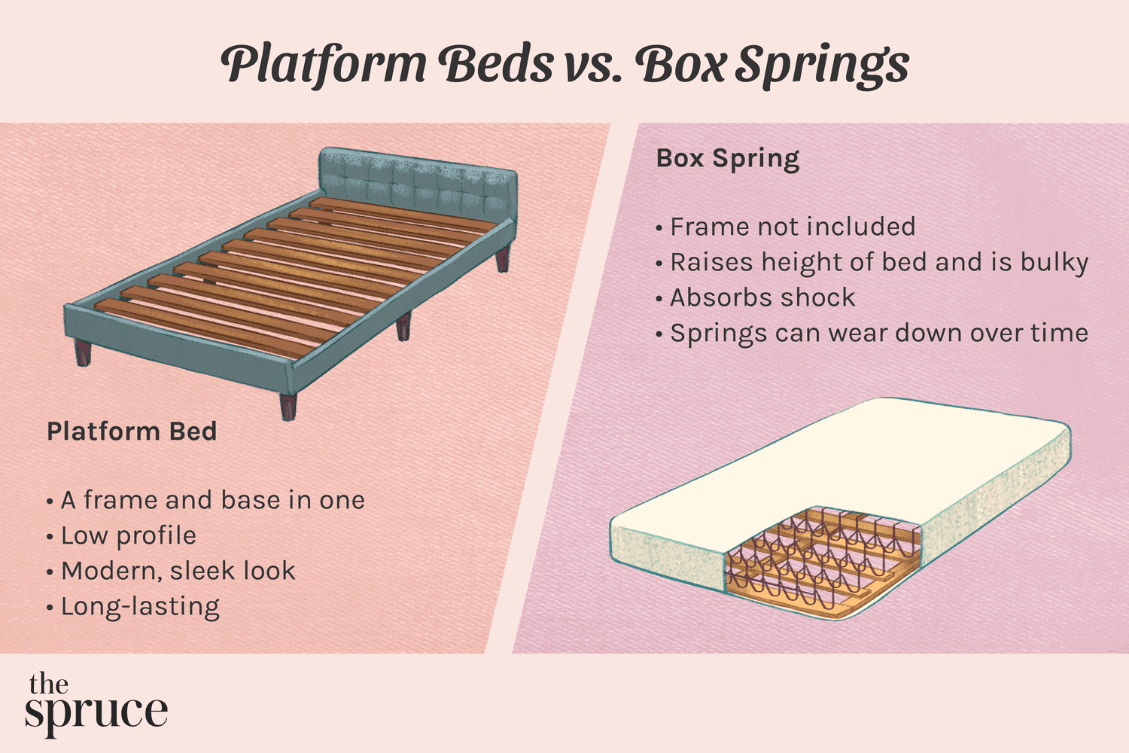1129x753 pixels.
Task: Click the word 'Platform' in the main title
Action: [x=324, y=65]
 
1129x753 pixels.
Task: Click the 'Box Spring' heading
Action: [x=728, y=159]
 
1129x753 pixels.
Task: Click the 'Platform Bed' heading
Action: [x=132, y=431]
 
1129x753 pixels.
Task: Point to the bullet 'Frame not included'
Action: [x=792, y=227]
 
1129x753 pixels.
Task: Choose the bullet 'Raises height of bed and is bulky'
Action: [x=878, y=262]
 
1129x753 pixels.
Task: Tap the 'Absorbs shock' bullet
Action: [x=762, y=297]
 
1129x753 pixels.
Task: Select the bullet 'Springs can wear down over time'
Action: [x=878, y=333]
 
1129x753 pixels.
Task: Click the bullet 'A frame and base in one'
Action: [x=212, y=500]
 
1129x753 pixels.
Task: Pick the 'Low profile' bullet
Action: [x=128, y=535]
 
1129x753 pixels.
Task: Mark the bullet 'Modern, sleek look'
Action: [x=178, y=571]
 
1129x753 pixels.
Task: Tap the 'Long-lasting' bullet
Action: [x=140, y=606]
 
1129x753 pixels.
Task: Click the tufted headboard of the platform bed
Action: [x=418, y=181]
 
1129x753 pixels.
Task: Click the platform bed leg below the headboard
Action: [x=502, y=258]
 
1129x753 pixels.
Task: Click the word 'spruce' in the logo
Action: [x=96, y=713]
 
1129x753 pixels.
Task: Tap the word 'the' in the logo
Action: [x=48, y=684]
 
